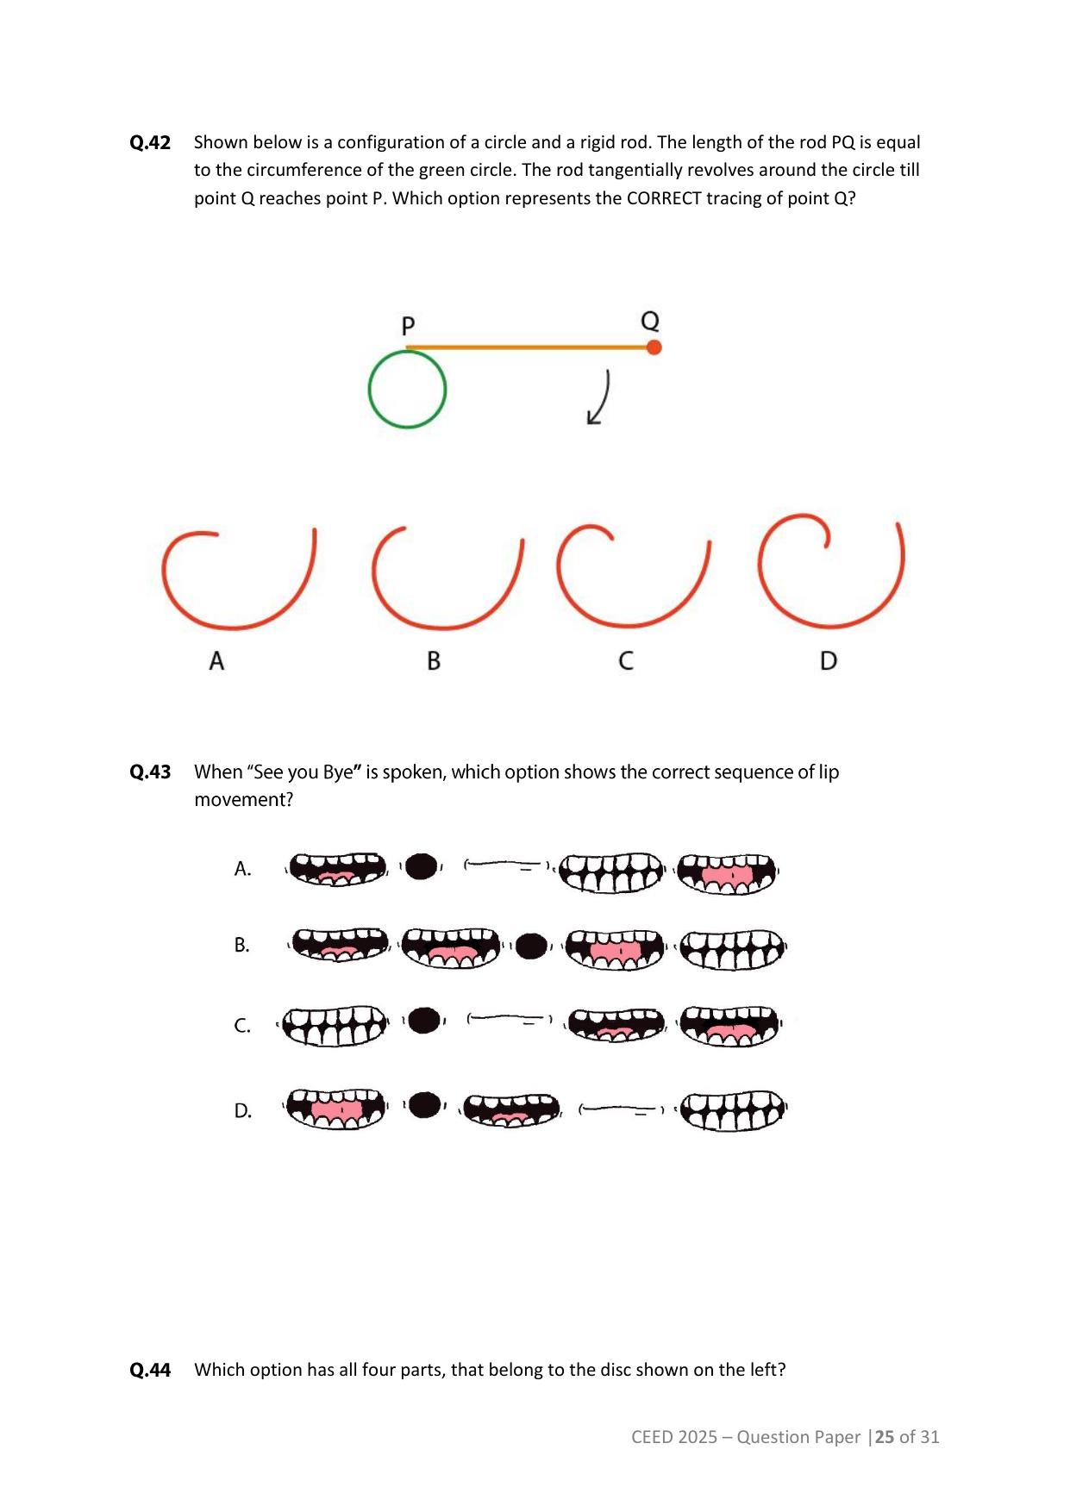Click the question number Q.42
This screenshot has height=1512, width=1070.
click(150, 142)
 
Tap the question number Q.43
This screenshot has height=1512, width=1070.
click(150, 772)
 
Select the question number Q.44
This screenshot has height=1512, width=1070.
click(150, 1370)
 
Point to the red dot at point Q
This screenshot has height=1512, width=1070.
click(654, 347)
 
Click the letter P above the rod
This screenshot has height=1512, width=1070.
click(409, 326)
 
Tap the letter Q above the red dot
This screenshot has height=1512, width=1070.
click(650, 322)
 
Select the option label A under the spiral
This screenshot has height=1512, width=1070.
click(216, 661)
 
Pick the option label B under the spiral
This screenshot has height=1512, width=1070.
click(434, 661)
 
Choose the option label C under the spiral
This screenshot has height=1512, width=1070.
click(626, 661)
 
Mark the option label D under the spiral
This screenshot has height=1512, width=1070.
click(829, 661)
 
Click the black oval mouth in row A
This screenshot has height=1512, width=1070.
click(421, 866)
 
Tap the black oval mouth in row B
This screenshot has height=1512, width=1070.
click(531, 946)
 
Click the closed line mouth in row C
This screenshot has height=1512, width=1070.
click(509, 1019)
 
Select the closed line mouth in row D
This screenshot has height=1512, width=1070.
click(621, 1109)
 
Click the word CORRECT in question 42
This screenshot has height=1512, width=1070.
click(664, 198)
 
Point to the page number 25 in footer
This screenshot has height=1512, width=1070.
click(885, 1437)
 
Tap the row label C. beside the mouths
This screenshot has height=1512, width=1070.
click(242, 1026)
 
